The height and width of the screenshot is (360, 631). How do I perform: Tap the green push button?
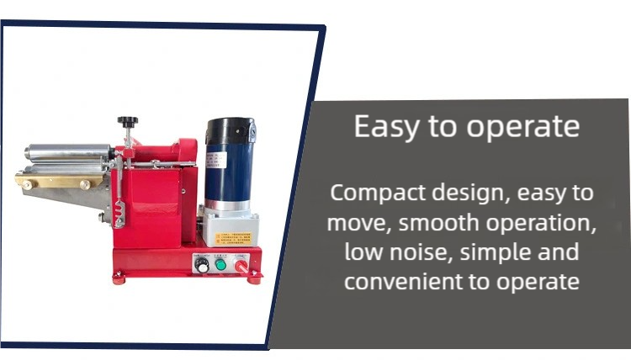[x=220, y=264]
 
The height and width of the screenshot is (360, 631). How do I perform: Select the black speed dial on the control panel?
[x=201, y=264]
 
